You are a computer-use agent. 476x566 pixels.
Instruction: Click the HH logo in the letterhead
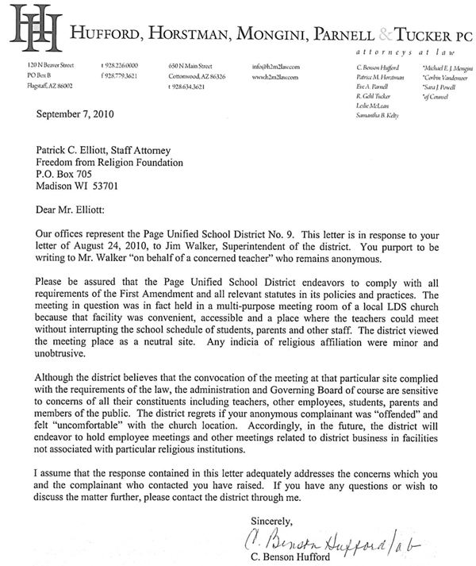29,29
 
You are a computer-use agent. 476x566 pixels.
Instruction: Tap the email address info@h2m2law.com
273,67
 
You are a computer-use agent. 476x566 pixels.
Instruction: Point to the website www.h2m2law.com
274,77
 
